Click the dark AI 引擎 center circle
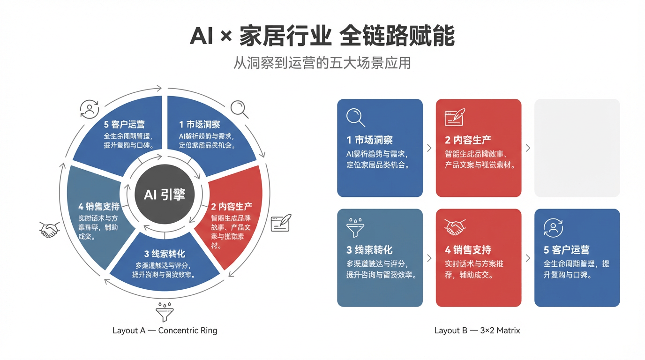coord(165,194)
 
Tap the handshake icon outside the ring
coord(49,230)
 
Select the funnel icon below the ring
coord(165,311)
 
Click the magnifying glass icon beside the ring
coord(239,109)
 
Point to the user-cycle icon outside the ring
coord(89,109)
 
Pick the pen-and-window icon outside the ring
coord(281,223)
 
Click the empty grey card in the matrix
coord(577,148)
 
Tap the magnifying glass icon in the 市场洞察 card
coord(356,118)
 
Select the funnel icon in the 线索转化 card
coord(355,227)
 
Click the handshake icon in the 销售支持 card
coord(455,227)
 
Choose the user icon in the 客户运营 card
coord(553,228)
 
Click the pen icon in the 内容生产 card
coord(455,117)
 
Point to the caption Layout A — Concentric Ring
coord(165,330)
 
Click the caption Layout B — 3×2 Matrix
coord(477,330)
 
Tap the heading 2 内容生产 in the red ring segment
coord(232,206)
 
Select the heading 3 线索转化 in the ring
coord(165,254)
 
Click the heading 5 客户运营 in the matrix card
coord(566,250)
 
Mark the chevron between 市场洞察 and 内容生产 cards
coord(429,148)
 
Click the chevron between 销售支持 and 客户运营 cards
coord(528,258)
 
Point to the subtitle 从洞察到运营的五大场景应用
coord(322,63)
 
